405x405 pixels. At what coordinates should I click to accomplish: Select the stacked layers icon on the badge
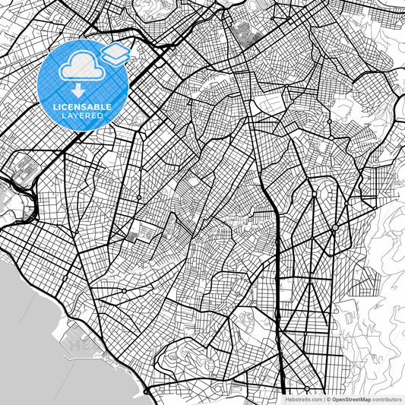click(115, 52)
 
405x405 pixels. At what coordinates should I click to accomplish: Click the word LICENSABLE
click(82, 107)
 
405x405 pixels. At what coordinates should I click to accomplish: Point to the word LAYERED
click(82, 116)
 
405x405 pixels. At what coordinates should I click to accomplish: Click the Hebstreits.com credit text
click(302, 398)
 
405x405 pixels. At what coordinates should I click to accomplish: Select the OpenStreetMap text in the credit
click(350, 398)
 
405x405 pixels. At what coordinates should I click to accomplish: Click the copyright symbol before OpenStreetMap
click(328, 398)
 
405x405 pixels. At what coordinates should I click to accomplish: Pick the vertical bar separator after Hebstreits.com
click(323, 398)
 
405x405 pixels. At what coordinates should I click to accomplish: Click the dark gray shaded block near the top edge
click(245, 33)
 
